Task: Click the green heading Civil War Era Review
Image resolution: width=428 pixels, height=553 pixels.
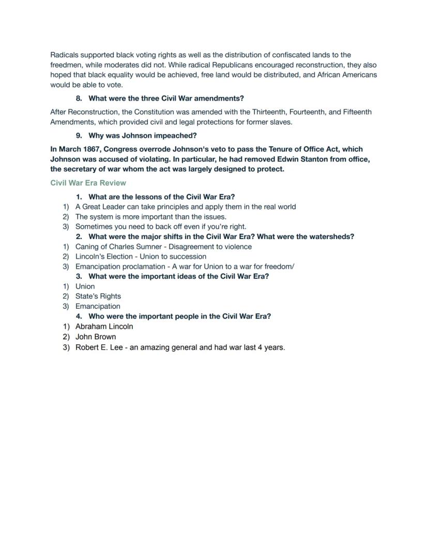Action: pos(88,183)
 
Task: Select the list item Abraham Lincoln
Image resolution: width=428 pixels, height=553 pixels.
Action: pos(104,326)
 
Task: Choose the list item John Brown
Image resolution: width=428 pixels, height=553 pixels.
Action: pos(96,337)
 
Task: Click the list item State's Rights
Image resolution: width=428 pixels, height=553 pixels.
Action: pos(98,296)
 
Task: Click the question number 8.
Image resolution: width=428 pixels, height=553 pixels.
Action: pos(79,98)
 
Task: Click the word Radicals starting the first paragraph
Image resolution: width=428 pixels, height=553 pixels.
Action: pos(64,55)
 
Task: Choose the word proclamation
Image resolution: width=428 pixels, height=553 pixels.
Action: pos(136,266)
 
